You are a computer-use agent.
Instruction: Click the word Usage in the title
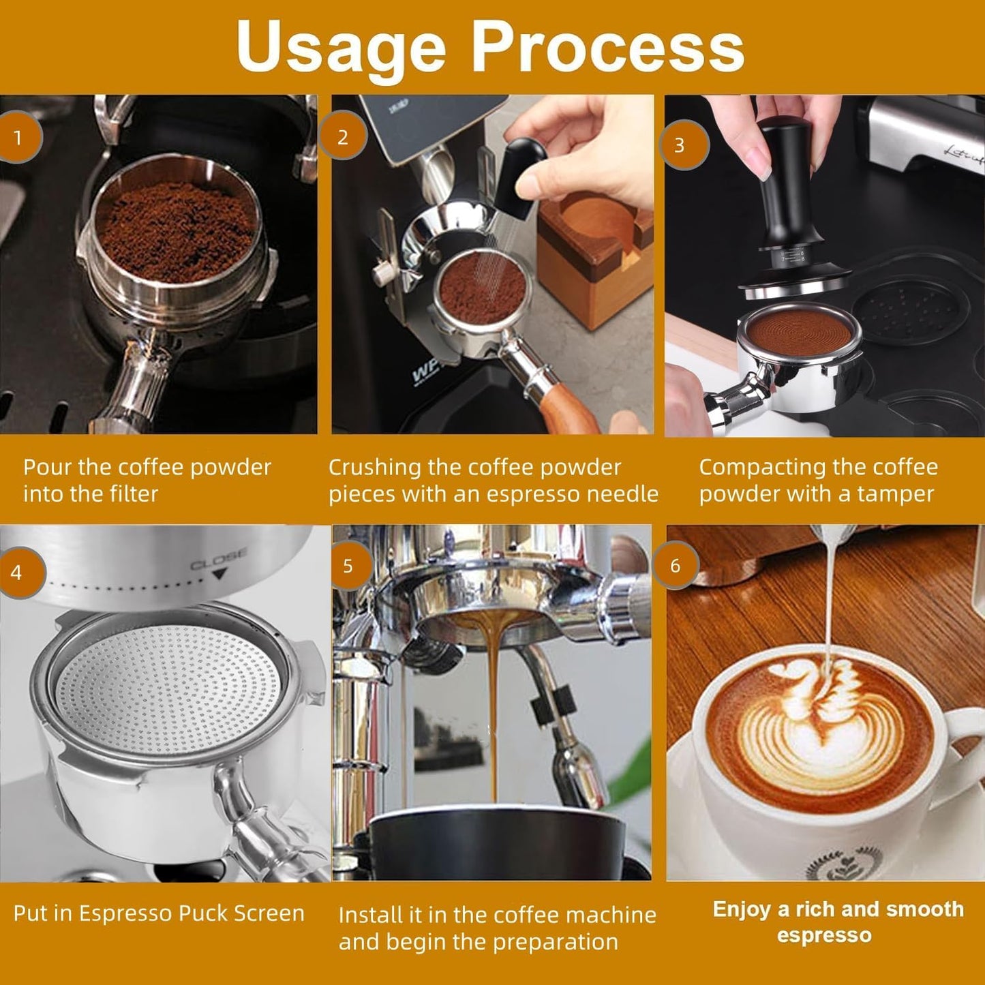tap(340, 46)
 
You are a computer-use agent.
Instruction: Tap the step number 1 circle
tap(18, 138)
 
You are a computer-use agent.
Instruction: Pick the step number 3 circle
tap(680, 145)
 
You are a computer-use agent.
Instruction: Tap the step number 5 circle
tap(348, 566)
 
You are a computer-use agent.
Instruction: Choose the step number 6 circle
tap(675, 566)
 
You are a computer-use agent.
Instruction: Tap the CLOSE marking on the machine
tap(218, 560)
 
